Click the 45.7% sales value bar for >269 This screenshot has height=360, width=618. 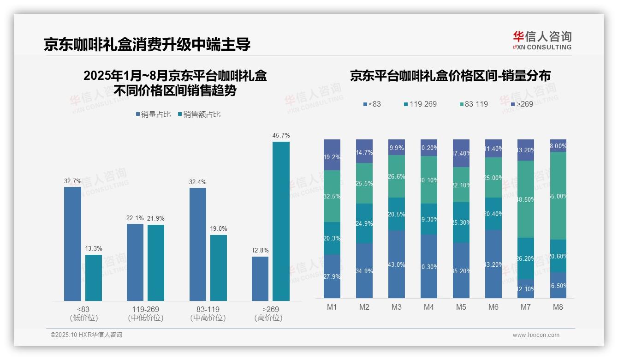(281, 221)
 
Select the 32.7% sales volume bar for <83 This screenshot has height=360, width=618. (72, 244)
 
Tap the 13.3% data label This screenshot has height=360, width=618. (94, 249)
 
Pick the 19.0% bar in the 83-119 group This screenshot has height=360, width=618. (219, 268)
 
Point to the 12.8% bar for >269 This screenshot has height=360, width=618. (260, 278)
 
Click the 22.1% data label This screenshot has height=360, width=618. (135, 218)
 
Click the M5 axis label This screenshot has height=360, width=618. (461, 307)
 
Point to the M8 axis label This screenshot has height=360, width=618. (558, 307)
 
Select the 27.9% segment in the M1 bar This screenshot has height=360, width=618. (332, 276)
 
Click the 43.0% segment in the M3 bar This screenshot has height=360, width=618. (397, 264)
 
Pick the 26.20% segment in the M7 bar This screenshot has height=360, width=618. (526, 258)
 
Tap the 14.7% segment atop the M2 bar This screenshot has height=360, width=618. (364, 151)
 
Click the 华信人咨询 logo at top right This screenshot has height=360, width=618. (542, 40)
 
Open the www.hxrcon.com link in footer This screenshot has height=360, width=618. (535, 335)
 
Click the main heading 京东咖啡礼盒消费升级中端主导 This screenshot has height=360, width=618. (147, 45)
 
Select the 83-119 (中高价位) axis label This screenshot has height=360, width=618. (208, 313)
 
